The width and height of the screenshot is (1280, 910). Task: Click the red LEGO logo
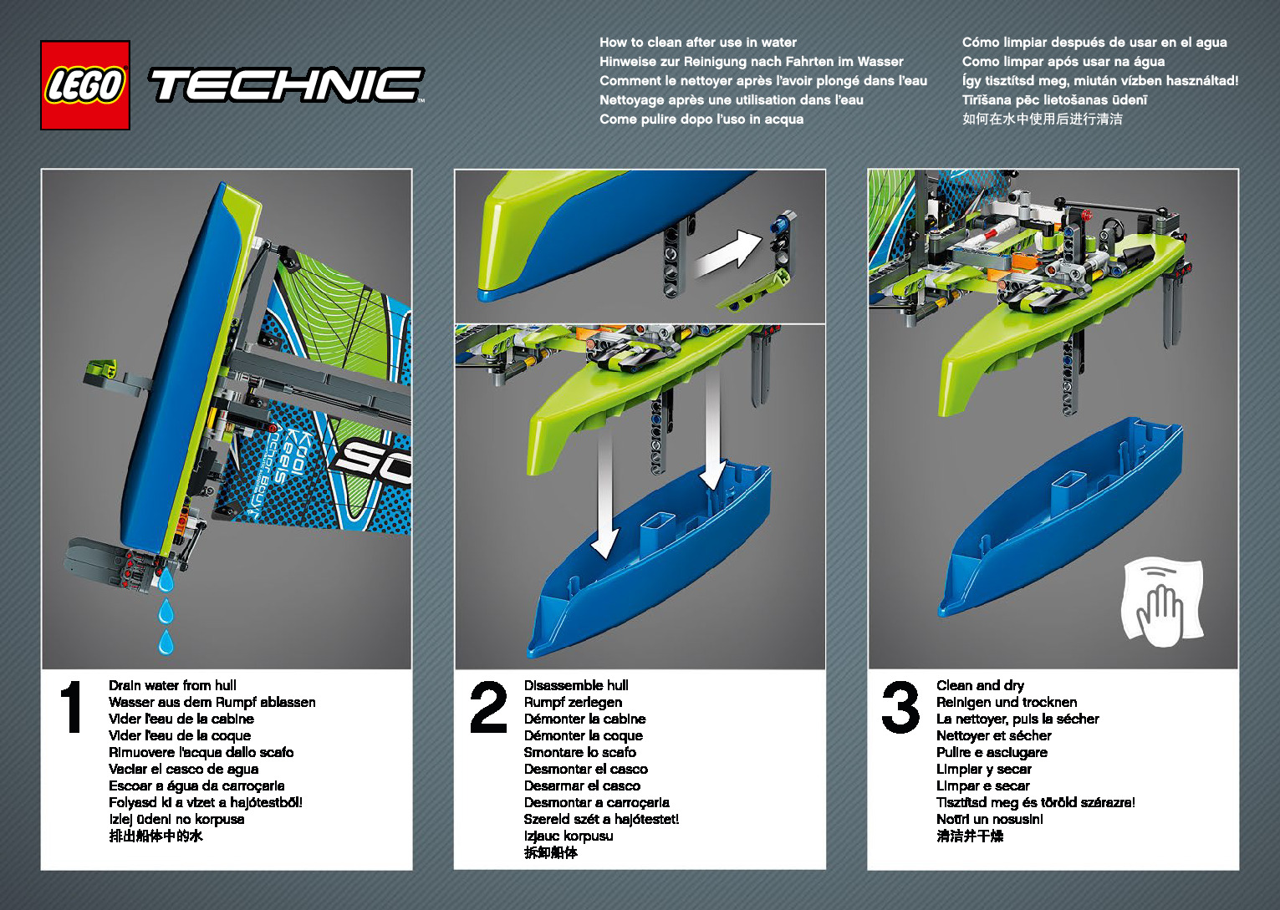click(x=85, y=85)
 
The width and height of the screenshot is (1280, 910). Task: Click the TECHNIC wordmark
click(x=286, y=85)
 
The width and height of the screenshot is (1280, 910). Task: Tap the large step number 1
click(x=72, y=707)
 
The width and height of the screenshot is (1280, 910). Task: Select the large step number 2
click(x=488, y=707)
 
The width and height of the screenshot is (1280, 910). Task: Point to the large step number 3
click(x=900, y=707)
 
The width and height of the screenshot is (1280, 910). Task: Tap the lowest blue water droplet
click(x=166, y=643)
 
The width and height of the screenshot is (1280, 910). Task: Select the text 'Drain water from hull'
click(x=172, y=685)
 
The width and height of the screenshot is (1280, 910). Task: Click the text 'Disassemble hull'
click(x=576, y=685)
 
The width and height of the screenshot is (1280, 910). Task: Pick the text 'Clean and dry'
click(x=980, y=685)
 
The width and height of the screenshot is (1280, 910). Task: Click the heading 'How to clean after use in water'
click(x=698, y=42)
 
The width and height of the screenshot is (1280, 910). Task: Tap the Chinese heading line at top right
click(x=1042, y=119)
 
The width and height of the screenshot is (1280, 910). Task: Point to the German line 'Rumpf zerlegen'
click(x=573, y=702)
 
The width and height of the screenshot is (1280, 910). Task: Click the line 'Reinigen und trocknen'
click(x=1007, y=702)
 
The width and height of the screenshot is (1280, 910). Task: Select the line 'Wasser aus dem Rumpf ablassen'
click(x=212, y=702)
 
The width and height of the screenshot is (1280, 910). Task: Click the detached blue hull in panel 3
click(x=1062, y=518)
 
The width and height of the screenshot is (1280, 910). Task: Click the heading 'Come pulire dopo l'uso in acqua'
click(x=701, y=119)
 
